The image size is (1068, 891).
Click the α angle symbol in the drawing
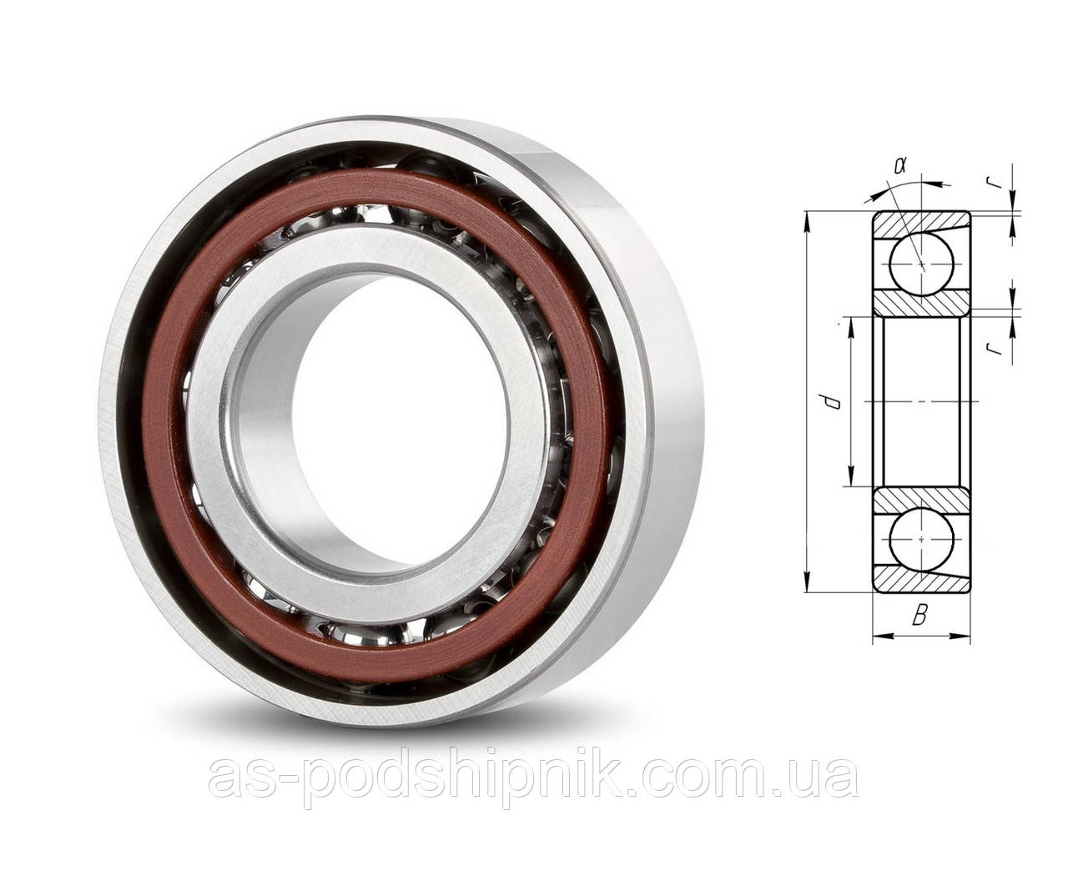pos(899,165)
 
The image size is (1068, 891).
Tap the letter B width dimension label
pos(919,617)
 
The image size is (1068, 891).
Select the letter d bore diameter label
pos(829,403)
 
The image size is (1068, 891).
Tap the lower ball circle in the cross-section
pos(920,540)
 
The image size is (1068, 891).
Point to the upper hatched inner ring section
pos(920,302)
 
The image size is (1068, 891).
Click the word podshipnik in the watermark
pos(467,778)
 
